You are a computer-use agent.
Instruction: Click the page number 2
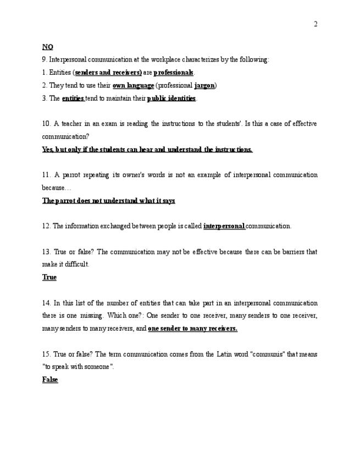315,24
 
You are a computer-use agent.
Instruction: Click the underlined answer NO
47,47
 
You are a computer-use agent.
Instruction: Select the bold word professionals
174,73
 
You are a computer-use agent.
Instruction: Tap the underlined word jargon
204,85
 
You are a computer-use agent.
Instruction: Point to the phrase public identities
171,98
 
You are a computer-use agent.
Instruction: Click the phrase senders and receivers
108,73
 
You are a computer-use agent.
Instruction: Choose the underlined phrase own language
133,85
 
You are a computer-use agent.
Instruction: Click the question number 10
46,124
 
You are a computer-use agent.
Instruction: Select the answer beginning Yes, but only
147,149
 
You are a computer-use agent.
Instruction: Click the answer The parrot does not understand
108,201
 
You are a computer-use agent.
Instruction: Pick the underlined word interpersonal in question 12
224,226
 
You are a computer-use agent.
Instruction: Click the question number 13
46,252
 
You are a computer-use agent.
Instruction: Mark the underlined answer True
49,278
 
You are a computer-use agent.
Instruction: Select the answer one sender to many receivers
192,329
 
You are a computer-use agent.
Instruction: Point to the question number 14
46,303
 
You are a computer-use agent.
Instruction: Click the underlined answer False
50,380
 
